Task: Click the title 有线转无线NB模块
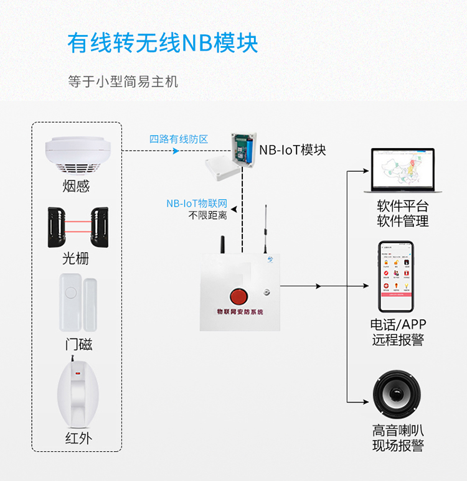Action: (x=163, y=43)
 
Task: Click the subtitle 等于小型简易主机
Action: (x=123, y=82)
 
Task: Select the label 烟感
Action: (x=77, y=187)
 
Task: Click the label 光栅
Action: (x=77, y=258)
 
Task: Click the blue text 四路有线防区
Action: (x=179, y=139)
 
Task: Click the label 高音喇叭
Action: (x=399, y=430)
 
